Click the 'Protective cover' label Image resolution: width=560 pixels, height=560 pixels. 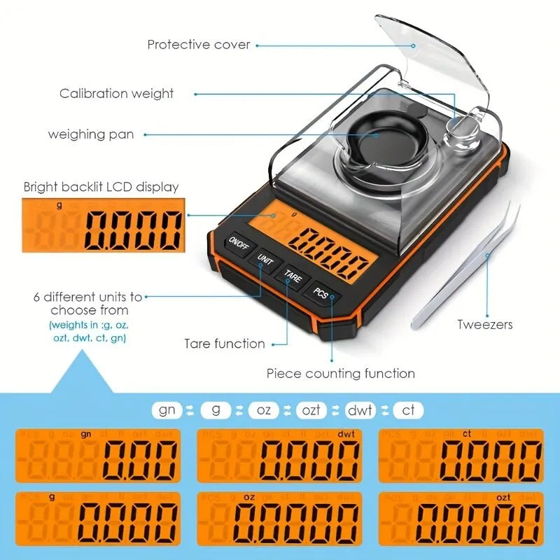[198, 45]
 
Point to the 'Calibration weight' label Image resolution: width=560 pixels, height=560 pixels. [116, 93]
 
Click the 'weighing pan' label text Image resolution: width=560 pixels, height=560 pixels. [90, 134]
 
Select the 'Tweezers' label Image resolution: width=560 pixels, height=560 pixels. [485, 324]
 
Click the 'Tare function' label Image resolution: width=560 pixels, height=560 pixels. [225, 344]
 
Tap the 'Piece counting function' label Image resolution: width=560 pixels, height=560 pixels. [340, 374]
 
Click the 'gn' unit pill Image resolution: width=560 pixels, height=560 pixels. [167, 410]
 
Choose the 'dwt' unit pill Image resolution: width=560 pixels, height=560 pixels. [360, 410]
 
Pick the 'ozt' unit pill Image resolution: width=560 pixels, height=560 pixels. [311, 410]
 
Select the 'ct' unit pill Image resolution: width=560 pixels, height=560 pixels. [408, 410]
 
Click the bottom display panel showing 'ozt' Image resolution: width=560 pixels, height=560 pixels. [461, 519]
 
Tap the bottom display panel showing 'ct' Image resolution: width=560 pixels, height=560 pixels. [461, 455]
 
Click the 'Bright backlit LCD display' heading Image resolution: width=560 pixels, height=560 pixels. [101, 187]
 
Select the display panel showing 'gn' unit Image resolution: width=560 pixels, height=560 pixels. [98, 455]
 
